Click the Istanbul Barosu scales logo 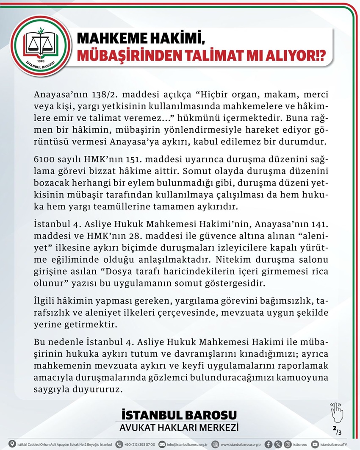coord(41,46)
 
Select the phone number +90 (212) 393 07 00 coord(139,444)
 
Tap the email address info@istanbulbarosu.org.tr coord(186,444)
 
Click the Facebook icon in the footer coord(268,444)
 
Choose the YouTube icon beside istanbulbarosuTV coord(315,444)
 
